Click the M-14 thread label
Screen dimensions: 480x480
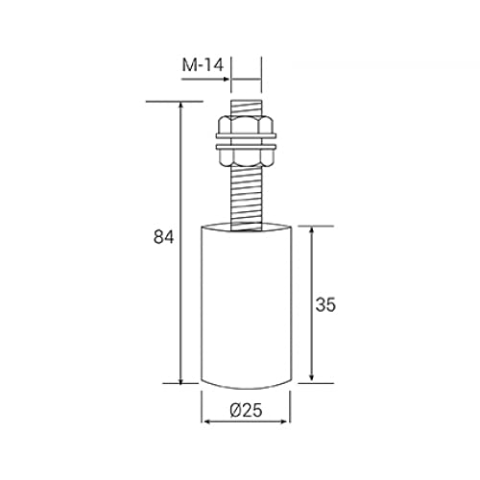(x=203, y=65)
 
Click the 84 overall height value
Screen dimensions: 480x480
(x=163, y=237)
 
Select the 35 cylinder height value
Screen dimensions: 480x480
(x=325, y=304)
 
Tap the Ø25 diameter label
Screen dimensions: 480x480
(x=246, y=410)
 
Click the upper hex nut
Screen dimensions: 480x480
(x=246, y=125)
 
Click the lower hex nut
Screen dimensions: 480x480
(x=246, y=157)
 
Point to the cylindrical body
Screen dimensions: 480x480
(x=246, y=305)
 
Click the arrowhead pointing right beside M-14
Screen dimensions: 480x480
(x=227, y=79)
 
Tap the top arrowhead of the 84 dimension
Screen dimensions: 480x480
(x=181, y=106)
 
